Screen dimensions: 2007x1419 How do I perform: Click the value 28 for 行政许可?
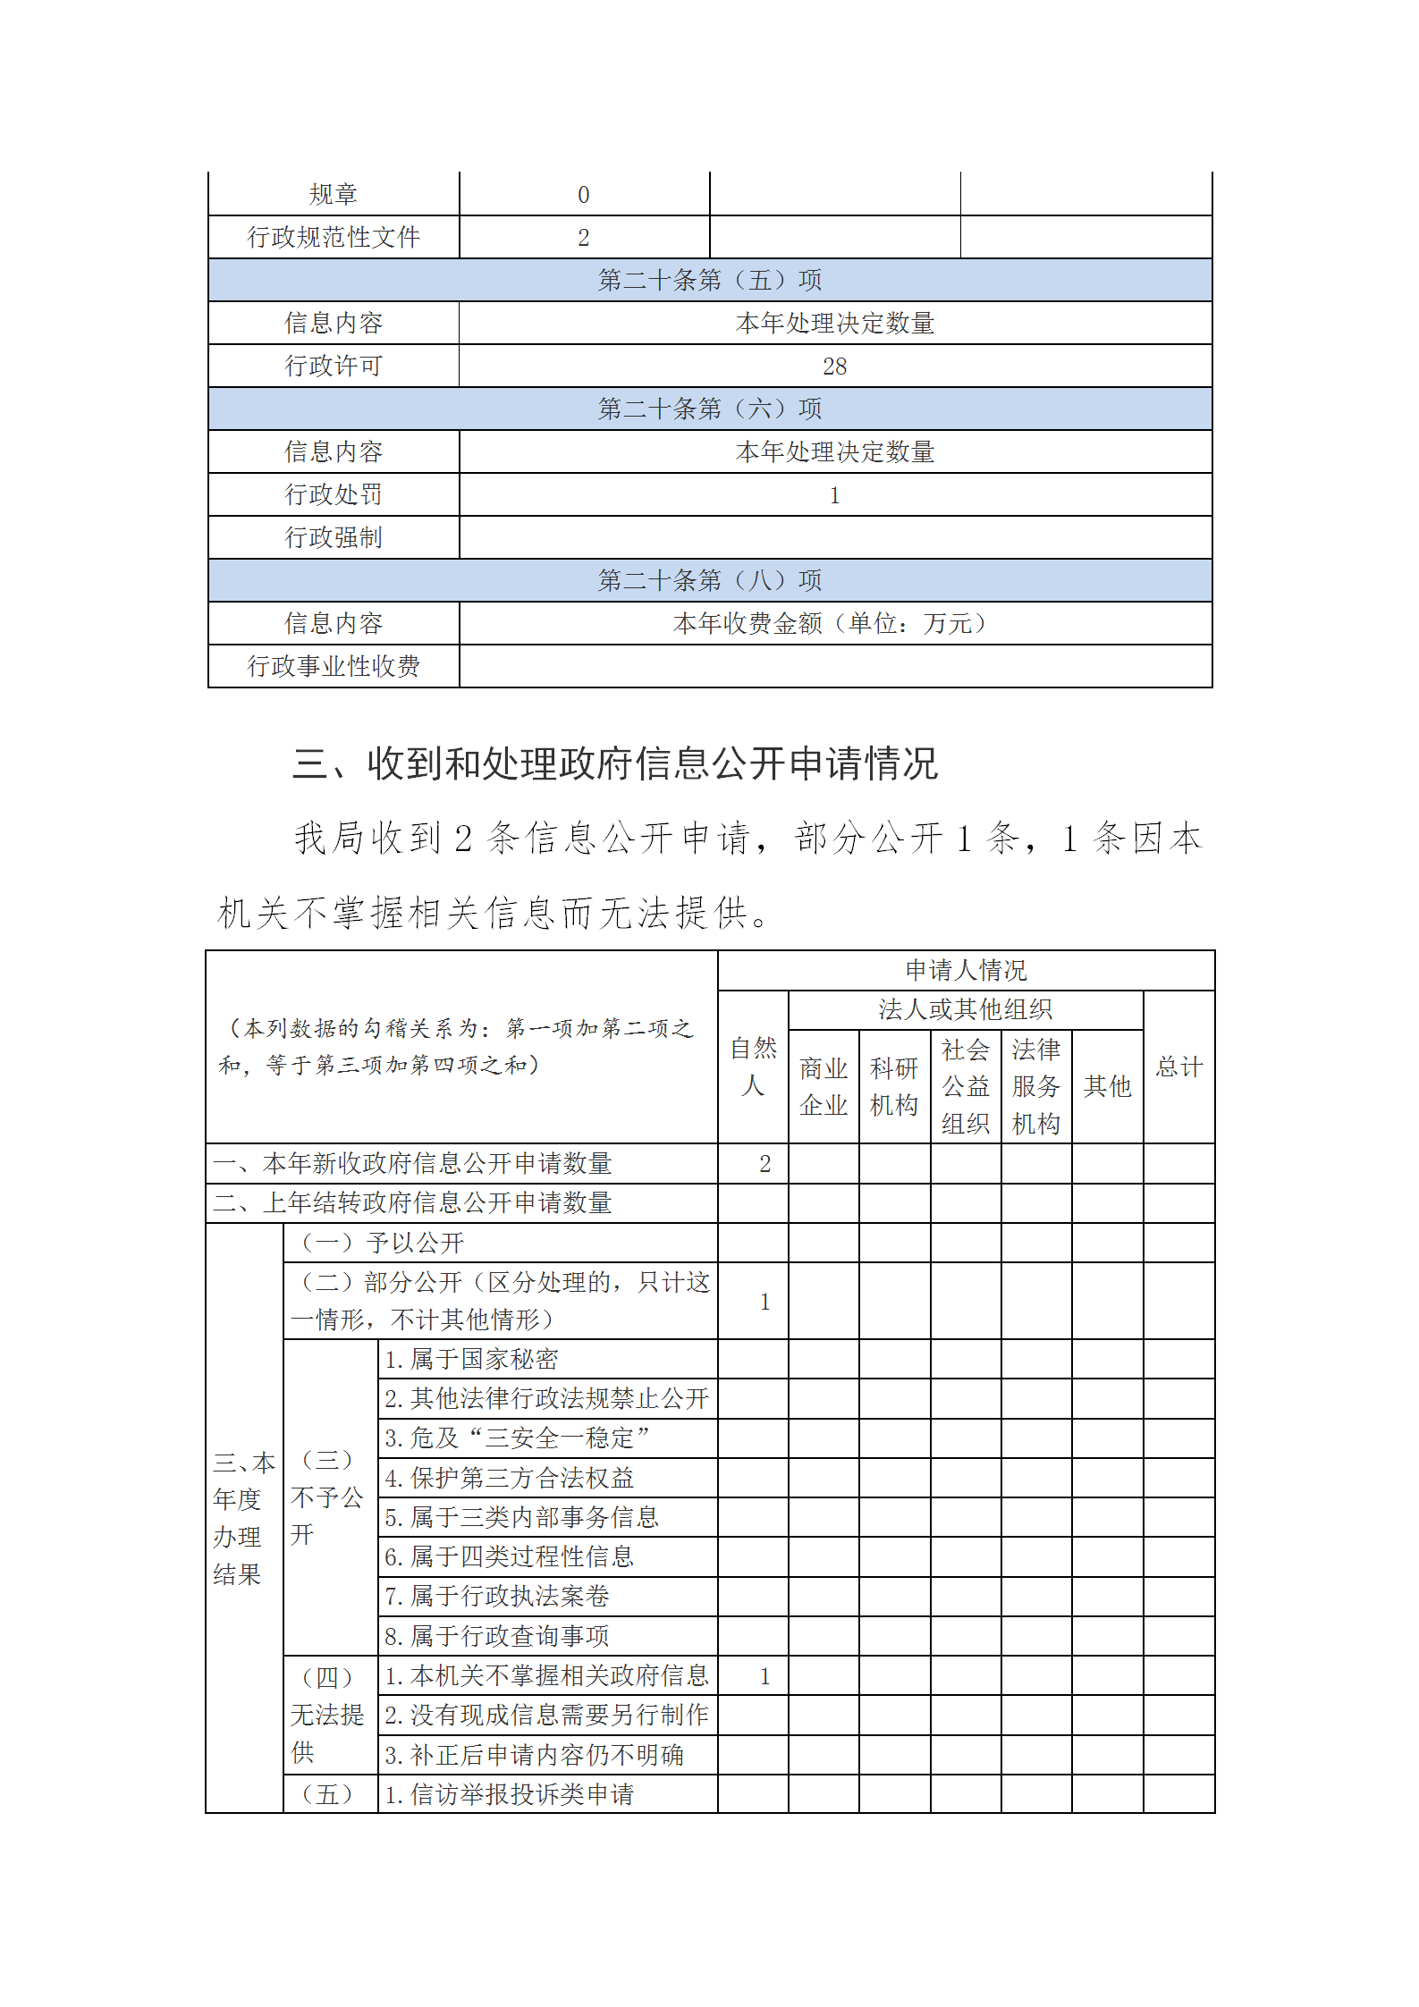tap(834, 367)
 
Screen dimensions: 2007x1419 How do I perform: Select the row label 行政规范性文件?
tap(334, 238)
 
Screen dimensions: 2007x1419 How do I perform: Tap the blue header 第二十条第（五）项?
tap(709, 281)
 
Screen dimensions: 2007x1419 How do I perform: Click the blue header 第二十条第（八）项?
tap(709, 581)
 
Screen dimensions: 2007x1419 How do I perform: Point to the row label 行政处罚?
tap(334, 495)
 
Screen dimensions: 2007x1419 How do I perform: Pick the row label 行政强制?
tap(334, 538)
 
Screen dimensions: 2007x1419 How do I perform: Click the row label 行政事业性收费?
tap(334, 667)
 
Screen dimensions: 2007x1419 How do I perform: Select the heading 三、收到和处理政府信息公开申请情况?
tap(615, 764)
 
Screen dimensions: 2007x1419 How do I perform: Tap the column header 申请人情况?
tap(966, 971)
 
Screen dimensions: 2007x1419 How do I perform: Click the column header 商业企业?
tap(824, 1087)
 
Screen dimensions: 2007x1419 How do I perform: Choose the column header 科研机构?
tap(894, 1087)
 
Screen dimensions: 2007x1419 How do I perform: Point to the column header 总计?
tap(1178, 1067)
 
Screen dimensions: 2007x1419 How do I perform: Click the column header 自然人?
tap(753, 1067)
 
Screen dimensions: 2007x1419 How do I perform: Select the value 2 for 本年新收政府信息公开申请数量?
tap(764, 1164)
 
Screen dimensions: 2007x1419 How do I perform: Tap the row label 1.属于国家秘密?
tap(471, 1360)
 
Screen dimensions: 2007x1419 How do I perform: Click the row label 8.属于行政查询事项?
tap(497, 1636)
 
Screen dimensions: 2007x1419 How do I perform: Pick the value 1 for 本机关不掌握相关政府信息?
tap(764, 1677)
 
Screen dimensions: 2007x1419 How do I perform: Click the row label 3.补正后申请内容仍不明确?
tap(534, 1755)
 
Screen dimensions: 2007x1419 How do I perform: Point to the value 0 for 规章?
tap(584, 195)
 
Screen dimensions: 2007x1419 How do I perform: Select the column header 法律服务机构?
tap(1036, 1087)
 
